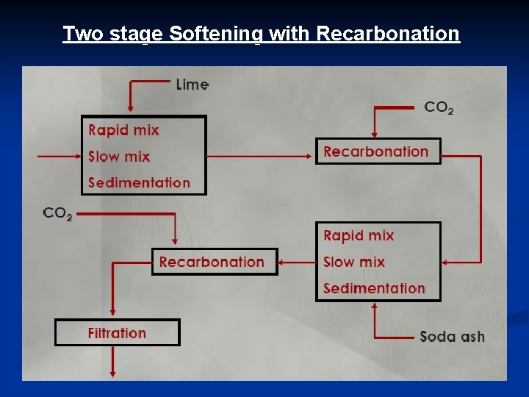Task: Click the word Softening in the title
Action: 214,34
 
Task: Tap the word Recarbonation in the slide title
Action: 388,34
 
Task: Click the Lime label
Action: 192,85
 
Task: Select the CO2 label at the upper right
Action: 439,107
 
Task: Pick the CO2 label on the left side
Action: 57,214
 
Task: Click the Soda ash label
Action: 452,337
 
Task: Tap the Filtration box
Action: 118,332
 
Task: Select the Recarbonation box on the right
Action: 378,151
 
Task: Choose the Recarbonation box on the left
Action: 215,262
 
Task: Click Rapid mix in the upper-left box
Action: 123,130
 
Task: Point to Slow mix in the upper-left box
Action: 119,157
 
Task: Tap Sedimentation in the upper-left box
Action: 139,182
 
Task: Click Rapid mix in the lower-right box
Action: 359,235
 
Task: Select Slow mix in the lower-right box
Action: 354,262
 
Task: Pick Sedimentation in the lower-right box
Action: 374,288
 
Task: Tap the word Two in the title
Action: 78,34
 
